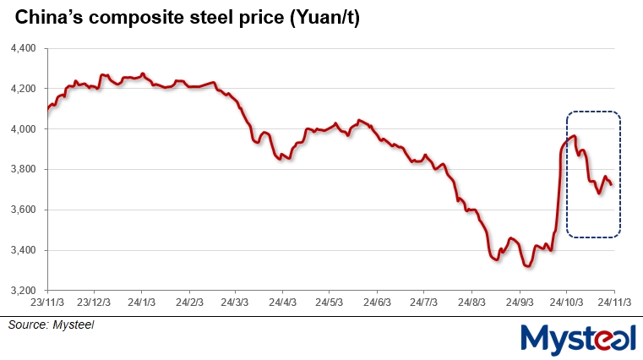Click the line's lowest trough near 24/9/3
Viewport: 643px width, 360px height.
[527, 266]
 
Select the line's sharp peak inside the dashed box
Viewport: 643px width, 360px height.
[575, 136]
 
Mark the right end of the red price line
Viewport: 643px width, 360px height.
[611, 183]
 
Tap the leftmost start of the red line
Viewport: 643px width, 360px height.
[48, 108]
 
